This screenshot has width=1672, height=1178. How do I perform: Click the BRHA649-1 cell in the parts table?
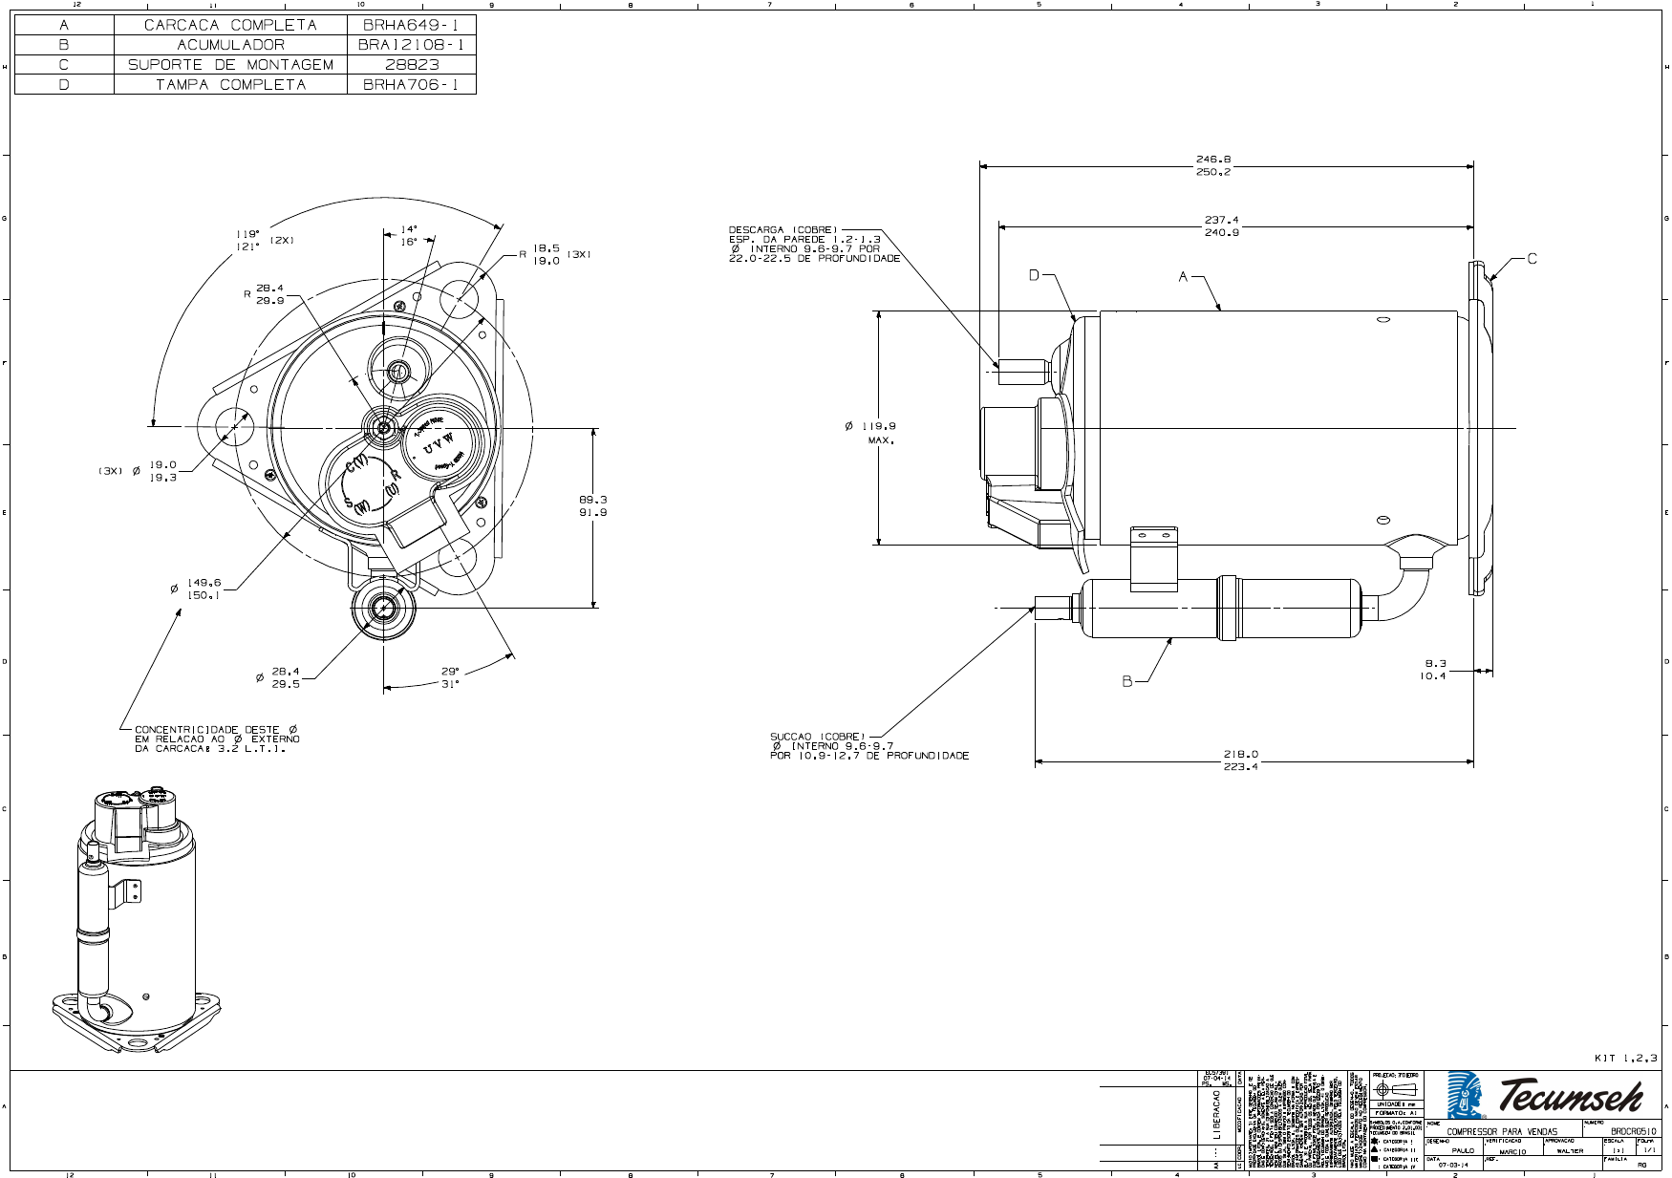[411, 25]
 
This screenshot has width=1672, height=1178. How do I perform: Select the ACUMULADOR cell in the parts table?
[230, 45]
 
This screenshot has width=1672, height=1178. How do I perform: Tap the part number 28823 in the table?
[412, 65]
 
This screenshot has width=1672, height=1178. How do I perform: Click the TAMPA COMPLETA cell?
[230, 85]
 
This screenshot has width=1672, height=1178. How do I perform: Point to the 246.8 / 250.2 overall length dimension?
[1212, 166]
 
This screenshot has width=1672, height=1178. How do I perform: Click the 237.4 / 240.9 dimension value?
[1221, 226]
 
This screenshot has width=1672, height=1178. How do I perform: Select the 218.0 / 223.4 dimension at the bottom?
[1240, 760]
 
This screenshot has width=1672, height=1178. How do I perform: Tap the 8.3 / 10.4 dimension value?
[1434, 669]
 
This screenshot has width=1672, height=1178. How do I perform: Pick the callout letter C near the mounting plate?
[1532, 259]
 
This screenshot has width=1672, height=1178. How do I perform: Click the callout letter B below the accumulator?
[1127, 681]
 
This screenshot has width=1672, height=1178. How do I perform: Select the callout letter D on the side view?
[1034, 275]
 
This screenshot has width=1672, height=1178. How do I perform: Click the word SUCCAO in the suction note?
[791, 737]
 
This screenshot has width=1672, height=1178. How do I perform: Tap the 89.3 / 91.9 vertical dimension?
[592, 505]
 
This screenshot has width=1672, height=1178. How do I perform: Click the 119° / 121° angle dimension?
[247, 240]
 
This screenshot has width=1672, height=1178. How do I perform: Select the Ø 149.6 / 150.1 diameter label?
[204, 589]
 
